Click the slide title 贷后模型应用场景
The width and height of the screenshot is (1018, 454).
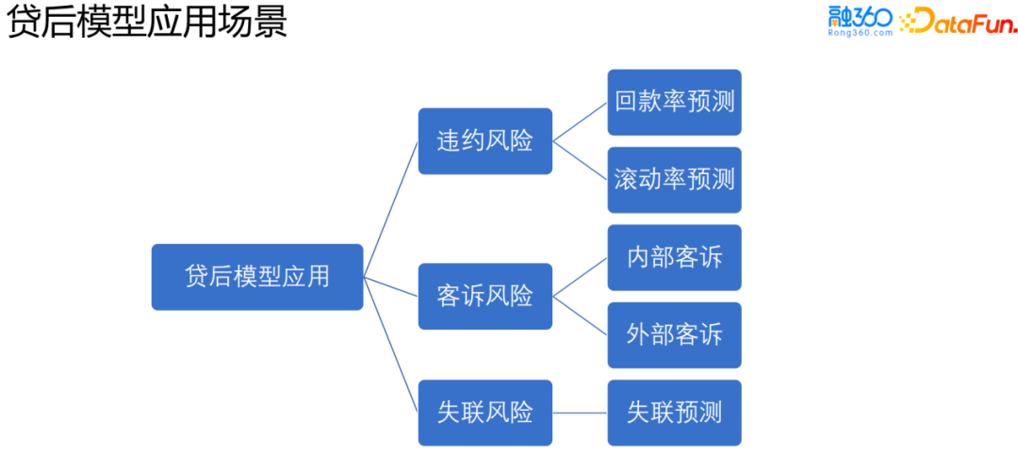pyautogui.click(x=147, y=23)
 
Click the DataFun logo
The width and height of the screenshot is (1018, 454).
pyautogui.click(x=957, y=21)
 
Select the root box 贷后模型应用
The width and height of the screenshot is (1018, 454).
pyautogui.click(x=257, y=277)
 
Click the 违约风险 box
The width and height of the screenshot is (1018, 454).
pyautogui.click(x=485, y=141)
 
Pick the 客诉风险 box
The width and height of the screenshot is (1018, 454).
pyautogui.click(x=485, y=296)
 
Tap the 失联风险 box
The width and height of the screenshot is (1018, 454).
pyautogui.click(x=485, y=413)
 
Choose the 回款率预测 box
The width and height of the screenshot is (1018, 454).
pyautogui.click(x=674, y=102)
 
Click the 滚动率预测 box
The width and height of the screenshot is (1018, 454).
pyautogui.click(x=674, y=179)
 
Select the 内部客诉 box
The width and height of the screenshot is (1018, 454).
pyautogui.click(x=674, y=257)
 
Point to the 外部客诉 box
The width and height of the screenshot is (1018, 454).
pyautogui.click(x=674, y=334)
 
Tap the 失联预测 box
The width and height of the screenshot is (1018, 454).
pyautogui.click(x=674, y=413)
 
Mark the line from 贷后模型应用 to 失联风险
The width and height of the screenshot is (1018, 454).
pyautogui.click(x=391, y=345)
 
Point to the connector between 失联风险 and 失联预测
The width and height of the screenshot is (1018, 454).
pyautogui.click(x=580, y=413)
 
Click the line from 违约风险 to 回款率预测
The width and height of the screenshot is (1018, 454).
pyautogui.click(x=580, y=122)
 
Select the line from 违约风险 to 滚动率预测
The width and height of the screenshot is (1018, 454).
pyautogui.click(x=580, y=160)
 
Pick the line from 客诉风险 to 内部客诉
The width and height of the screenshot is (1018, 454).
pyautogui.click(x=580, y=277)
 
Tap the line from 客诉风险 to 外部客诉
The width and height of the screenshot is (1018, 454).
pyautogui.click(x=580, y=315)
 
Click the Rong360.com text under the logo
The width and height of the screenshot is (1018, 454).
pyautogui.click(x=860, y=33)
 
